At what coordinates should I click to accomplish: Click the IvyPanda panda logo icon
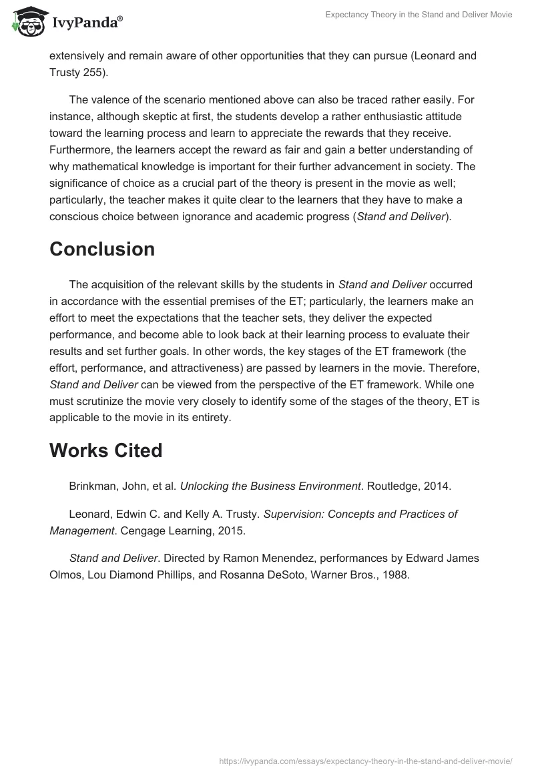27,22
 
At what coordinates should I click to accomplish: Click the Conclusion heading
102,249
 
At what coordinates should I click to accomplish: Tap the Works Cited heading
105,450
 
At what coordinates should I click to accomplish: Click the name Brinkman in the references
93,486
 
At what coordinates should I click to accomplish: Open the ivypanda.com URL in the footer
366,761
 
